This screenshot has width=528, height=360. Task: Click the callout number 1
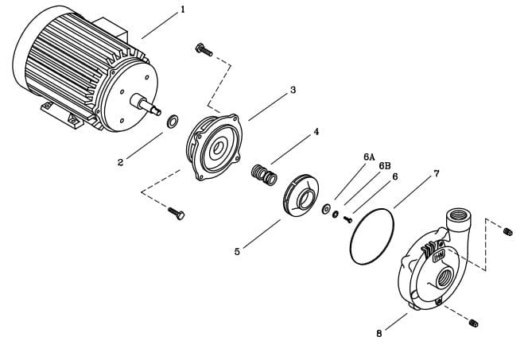point(182,10)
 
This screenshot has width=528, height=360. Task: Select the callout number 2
point(120,162)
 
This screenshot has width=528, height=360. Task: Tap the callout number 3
point(293,90)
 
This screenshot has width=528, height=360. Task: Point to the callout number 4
point(316,131)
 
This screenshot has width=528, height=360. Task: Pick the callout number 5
point(237,252)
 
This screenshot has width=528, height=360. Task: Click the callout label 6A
point(369,157)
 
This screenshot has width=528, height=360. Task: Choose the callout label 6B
point(385,166)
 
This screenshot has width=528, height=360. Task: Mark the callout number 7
point(436,173)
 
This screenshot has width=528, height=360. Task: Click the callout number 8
point(379,333)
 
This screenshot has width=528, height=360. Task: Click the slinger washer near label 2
point(172,122)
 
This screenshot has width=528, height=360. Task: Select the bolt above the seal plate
point(204,50)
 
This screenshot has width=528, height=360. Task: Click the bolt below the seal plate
point(177,212)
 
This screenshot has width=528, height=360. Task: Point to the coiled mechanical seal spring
point(263,174)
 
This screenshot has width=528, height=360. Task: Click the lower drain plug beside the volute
point(474,323)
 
